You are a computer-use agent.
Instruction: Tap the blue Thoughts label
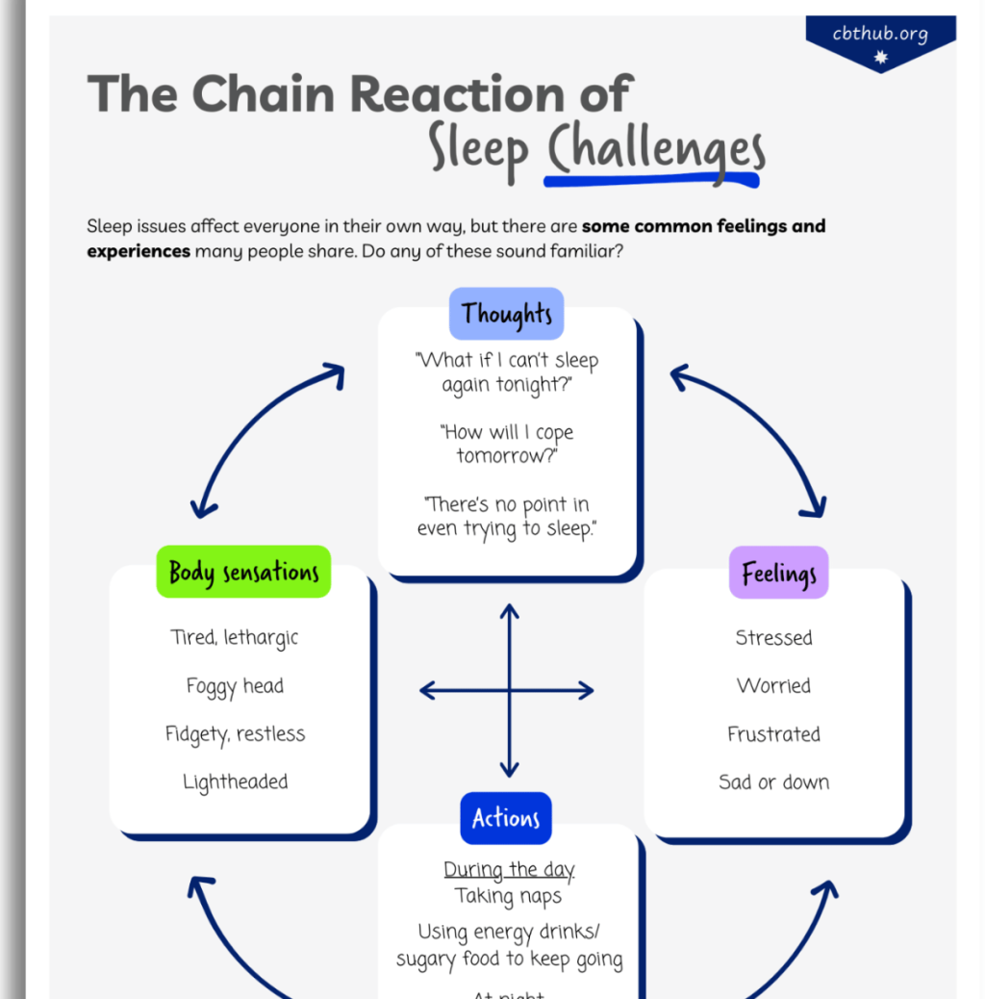(507, 314)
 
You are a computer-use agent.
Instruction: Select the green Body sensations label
(243, 572)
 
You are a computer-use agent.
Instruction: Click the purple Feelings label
(778, 573)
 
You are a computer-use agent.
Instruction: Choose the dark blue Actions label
(506, 818)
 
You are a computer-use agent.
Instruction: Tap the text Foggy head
(235, 686)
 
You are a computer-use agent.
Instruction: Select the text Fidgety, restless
(235, 734)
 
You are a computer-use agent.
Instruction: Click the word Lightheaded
(235, 782)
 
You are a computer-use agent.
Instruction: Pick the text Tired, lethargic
(235, 638)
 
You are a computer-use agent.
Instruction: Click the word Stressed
(773, 638)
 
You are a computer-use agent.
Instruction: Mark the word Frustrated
(773, 734)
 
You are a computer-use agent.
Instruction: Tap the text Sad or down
(773, 782)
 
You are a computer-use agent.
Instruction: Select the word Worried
(773, 686)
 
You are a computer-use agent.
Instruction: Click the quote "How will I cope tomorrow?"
(507, 444)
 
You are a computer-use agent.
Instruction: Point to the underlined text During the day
(509, 870)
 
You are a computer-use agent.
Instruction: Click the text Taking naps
(508, 896)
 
